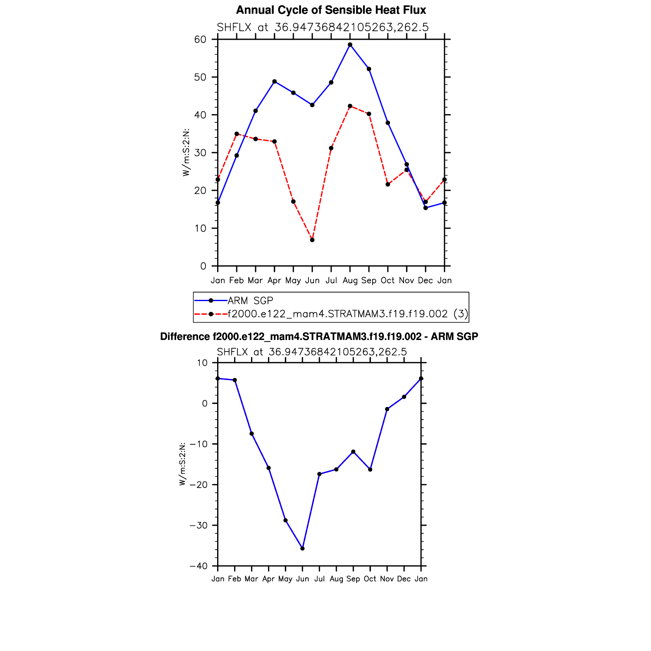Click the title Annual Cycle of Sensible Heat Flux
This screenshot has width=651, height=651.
331,10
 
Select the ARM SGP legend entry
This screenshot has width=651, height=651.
250,301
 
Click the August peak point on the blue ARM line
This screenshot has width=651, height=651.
350,45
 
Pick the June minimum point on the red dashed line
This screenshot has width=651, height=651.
312,240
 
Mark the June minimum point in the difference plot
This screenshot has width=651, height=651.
302,548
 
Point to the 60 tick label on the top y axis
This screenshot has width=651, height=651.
200,40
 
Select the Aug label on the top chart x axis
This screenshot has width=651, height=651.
350,280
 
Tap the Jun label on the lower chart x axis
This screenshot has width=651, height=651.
302,579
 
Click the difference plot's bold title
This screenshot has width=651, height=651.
319,337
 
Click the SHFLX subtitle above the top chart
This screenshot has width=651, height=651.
323,27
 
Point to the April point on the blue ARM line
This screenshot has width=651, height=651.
275,81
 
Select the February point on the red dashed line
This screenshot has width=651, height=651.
237,134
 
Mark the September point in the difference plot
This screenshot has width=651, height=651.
353,452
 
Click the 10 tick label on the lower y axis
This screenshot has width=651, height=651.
202,363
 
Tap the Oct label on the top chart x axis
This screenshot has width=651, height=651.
388,280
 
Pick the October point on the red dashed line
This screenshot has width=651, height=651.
388,184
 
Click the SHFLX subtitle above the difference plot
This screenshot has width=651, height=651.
312,352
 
